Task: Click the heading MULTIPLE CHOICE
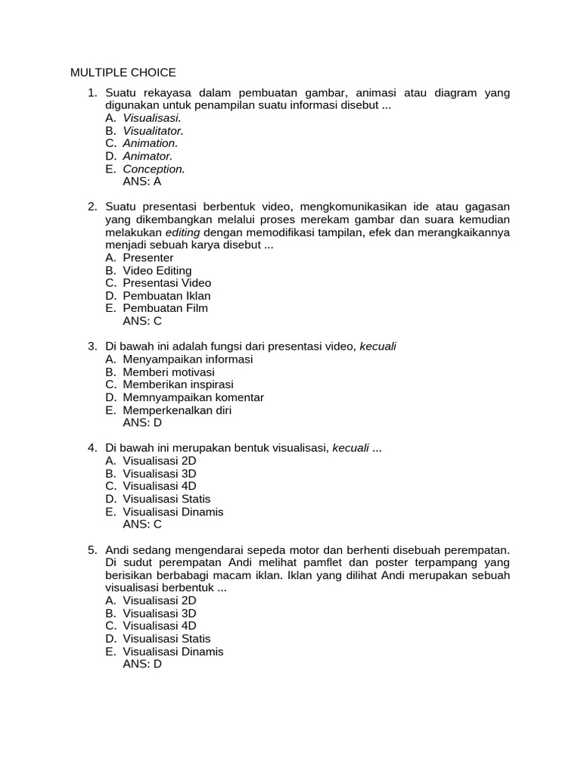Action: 123,73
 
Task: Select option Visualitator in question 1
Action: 153,131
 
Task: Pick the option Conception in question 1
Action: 154,169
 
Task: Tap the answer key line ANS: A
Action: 142,182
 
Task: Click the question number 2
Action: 92,207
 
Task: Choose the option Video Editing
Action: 157,270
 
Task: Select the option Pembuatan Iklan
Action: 166,296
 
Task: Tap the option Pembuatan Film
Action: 165,308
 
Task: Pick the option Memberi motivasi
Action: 169,372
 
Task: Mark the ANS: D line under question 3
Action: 142,423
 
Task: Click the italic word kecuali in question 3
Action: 377,347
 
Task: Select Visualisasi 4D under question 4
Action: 160,486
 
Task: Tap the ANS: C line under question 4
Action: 142,524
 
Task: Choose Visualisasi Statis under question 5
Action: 166,639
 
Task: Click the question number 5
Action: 92,549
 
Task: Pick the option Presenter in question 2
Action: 148,258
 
